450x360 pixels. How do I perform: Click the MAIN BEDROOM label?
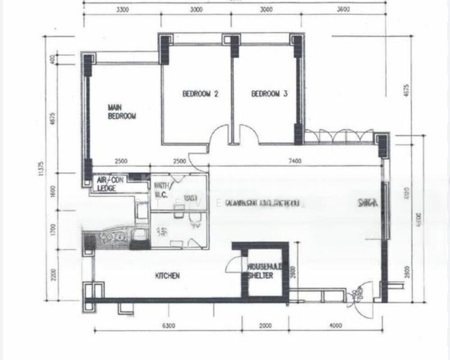tap(121, 112)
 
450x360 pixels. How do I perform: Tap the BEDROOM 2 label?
tap(200, 94)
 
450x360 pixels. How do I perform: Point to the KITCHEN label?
tap(169, 275)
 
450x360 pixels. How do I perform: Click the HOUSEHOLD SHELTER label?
tap(259, 271)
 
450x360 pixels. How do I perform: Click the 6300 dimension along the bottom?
tap(167, 326)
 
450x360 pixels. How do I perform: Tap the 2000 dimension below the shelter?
tap(265, 326)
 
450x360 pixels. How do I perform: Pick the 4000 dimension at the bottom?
tap(335, 326)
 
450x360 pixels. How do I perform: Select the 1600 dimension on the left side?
tap(53, 191)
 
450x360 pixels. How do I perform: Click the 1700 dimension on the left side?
tap(53, 230)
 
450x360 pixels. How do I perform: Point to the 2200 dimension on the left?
tap(53, 275)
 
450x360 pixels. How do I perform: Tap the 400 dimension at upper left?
tap(53, 60)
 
